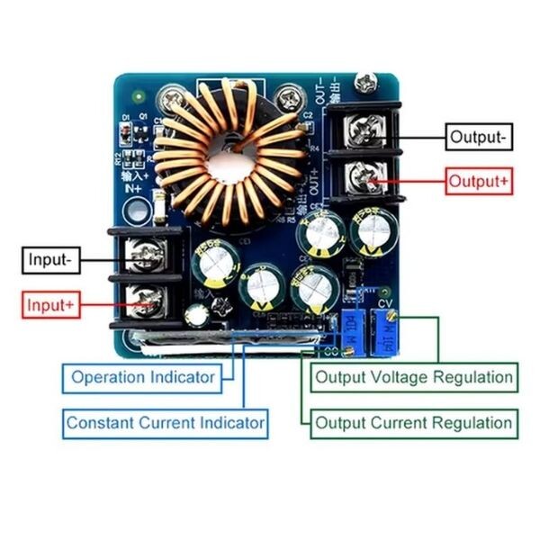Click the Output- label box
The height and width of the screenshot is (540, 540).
pyautogui.click(x=479, y=137)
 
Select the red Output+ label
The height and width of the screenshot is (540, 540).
pyautogui.click(x=479, y=181)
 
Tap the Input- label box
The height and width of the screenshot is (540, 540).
pyautogui.click(x=49, y=261)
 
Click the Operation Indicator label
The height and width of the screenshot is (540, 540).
pyautogui.click(x=142, y=377)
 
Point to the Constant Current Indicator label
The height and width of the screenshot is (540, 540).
pyautogui.click(x=166, y=421)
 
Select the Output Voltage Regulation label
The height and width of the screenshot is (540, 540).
pyautogui.click(x=413, y=377)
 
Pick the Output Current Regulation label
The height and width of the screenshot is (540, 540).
pyautogui.click(x=413, y=422)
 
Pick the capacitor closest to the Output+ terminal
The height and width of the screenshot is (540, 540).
pyautogui.click(x=369, y=232)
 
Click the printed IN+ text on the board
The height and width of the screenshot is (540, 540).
pyautogui.click(x=133, y=188)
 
